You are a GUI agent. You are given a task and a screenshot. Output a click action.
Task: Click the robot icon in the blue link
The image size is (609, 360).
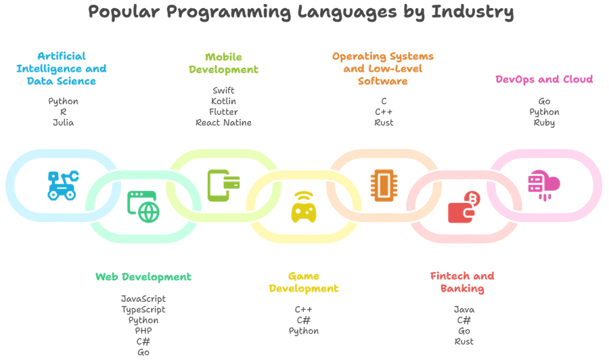pyautogui.click(x=63, y=185)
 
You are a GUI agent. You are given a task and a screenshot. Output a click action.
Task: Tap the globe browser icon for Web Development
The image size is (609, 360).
pyautogui.click(x=143, y=206)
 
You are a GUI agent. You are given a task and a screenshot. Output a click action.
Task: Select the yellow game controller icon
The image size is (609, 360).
pyautogui.click(x=304, y=207)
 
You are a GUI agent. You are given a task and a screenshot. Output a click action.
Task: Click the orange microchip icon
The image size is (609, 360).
pyautogui.click(x=384, y=185)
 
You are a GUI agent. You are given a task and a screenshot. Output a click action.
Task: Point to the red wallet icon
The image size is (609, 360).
pyautogui.click(x=464, y=207)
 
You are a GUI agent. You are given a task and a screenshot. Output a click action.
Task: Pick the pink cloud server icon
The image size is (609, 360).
pyautogui.click(x=544, y=185)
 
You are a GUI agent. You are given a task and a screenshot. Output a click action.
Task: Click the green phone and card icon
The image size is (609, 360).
pyautogui.click(x=223, y=185)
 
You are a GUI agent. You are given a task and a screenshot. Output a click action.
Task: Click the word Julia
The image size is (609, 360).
pyautogui.click(x=64, y=122)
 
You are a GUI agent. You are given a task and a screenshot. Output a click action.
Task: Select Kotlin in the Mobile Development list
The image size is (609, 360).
pyautogui.click(x=224, y=102)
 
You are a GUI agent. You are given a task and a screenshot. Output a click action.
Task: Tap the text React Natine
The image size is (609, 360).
pyautogui.click(x=224, y=122)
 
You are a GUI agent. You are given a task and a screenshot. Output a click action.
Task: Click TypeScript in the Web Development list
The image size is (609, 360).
pyautogui.click(x=143, y=309)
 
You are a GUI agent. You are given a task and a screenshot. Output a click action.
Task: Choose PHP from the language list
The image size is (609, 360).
pyautogui.click(x=143, y=331)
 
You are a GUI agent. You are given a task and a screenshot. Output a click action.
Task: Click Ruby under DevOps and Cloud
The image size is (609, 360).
pyautogui.click(x=544, y=122)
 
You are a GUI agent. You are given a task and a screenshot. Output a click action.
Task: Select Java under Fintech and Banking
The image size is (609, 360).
pyautogui.click(x=464, y=309)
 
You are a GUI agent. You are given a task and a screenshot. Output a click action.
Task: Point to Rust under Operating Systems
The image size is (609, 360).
pyautogui.click(x=384, y=122)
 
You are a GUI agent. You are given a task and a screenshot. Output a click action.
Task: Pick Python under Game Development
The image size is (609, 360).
pyautogui.click(x=304, y=332)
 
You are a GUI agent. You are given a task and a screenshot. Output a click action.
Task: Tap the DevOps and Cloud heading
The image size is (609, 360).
pyautogui.click(x=544, y=80)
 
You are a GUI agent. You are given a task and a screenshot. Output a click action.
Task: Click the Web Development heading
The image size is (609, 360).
pyautogui.click(x=143, y=277)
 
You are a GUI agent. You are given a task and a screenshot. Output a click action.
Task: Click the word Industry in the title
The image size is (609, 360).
pyautogui.click(x=472, y=12)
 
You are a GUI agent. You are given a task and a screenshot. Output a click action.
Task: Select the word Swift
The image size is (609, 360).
pyautogui.click(x=224, y=91)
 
